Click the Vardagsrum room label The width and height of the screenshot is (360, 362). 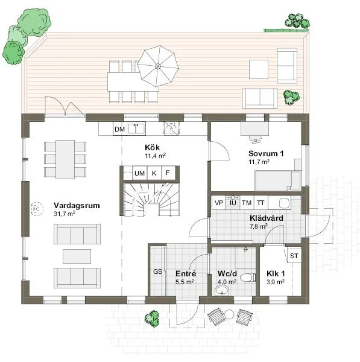[77, 205]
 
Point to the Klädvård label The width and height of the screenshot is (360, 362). [263, 218]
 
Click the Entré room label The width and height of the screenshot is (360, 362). [185, 273]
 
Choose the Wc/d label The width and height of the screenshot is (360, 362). [227, 273]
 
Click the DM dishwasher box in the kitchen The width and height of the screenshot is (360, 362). [119, 129]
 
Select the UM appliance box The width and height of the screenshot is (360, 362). [140, 173]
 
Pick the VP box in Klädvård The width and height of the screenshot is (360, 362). [218, 203]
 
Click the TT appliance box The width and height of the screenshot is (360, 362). [261, 203]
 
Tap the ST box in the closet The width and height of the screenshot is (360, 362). [294, 256]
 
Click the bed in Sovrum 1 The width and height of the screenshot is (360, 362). [277, 180]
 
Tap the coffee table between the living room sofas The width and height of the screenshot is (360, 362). [77, 256]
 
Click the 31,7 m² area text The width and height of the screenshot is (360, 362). [65, 214]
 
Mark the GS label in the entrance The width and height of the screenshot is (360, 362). [157, 271]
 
